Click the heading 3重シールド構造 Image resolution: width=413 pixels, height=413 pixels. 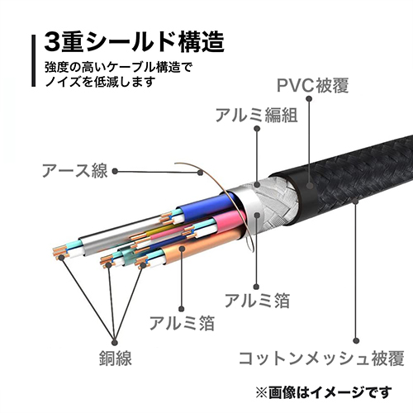tap(134, 42)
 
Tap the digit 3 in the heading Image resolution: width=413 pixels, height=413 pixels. tap(53, 42)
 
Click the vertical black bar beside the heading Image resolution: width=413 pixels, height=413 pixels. tap(34, 60)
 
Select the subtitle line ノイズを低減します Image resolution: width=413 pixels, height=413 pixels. tap(101, 82)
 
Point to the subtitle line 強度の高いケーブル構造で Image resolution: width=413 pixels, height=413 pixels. tap(118, 68)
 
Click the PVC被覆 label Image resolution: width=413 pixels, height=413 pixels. tap(312, 85)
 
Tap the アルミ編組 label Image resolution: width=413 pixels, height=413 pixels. tap(256, 115)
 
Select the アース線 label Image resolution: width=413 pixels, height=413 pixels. tap(74, 171)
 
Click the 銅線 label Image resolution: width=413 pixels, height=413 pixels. tap(116, 358)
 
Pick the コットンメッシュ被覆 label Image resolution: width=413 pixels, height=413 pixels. tap(321, 358)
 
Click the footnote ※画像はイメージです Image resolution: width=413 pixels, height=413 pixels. tap(324, 392)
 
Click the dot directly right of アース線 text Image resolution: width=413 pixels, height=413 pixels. tap(115, 172)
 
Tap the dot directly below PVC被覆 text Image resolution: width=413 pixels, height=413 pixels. tap(309, 98)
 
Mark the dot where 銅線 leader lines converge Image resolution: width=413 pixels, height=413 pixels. tap(115, 343)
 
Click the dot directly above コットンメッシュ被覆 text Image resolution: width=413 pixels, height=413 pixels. tap(356, 341)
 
